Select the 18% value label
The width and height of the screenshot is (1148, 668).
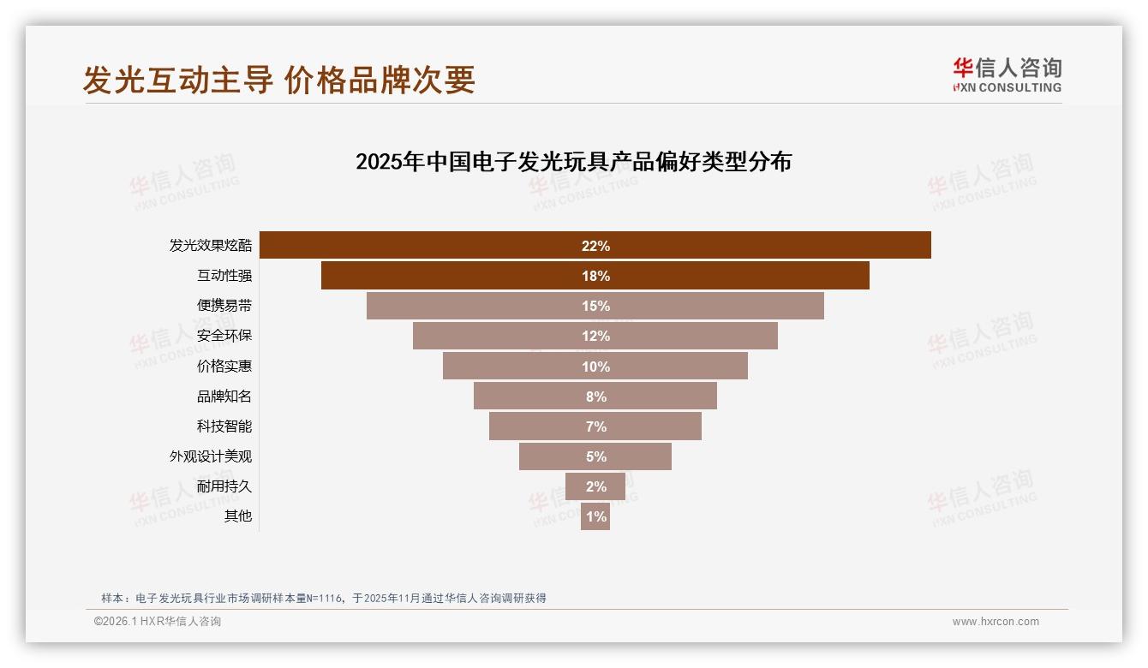point(595,276)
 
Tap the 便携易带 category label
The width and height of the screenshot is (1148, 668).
point(224,306)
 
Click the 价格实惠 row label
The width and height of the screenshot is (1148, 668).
point(224,366)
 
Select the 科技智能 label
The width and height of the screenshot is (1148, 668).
point(224,426)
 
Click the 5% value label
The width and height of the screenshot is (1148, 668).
point(595,456)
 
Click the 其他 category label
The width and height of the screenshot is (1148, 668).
point(238,516)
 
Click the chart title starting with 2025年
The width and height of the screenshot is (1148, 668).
point(573,161)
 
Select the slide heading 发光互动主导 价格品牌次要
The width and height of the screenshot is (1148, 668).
point(278,80)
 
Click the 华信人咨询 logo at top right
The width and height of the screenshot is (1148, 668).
point(1007,75)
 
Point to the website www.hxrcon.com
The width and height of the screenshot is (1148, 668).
point(996,622)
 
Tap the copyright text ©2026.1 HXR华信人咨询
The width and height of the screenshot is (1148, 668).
point(158,622)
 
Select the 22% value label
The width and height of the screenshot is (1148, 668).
point(595,246)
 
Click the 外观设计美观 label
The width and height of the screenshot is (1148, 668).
point(211,456)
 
